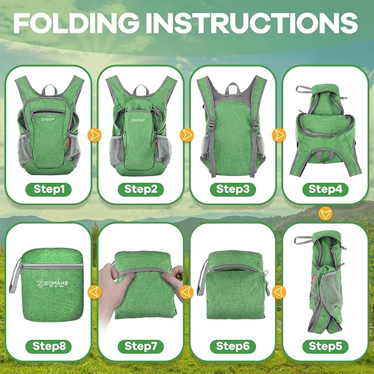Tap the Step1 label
48,189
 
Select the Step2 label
140,189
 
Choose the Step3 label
232,189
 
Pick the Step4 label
325,189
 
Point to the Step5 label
325,346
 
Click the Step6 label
232,346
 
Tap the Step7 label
140,346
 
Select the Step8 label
48,346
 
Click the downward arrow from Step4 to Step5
326,212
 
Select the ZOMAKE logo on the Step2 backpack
139,117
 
